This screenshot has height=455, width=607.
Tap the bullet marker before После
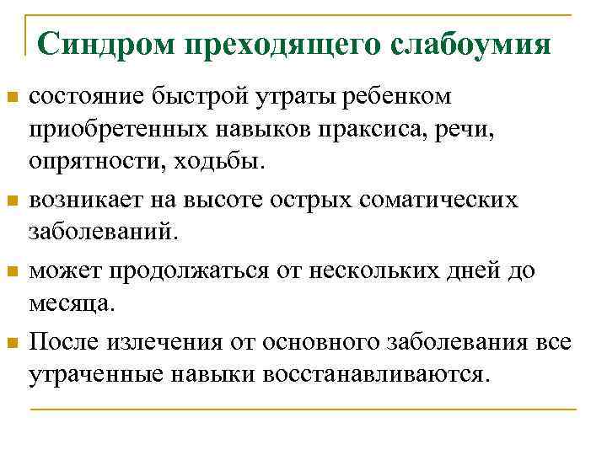click(12, 342)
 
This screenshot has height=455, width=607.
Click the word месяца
click(70, 304)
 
